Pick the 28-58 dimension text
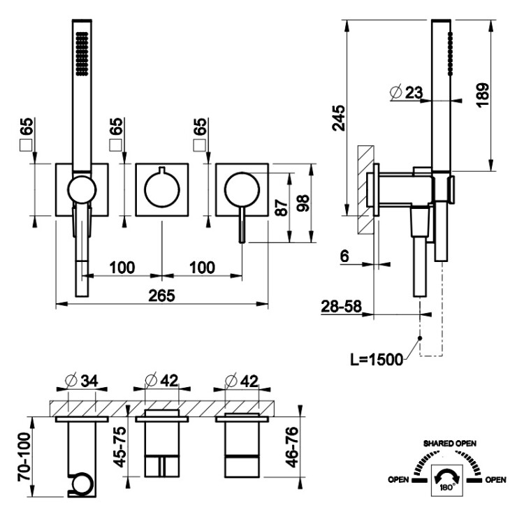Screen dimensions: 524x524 click(x=342, y=306)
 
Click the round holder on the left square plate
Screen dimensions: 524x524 click(x=81, y=189)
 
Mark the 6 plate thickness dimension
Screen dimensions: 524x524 click(x=344, y=256)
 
